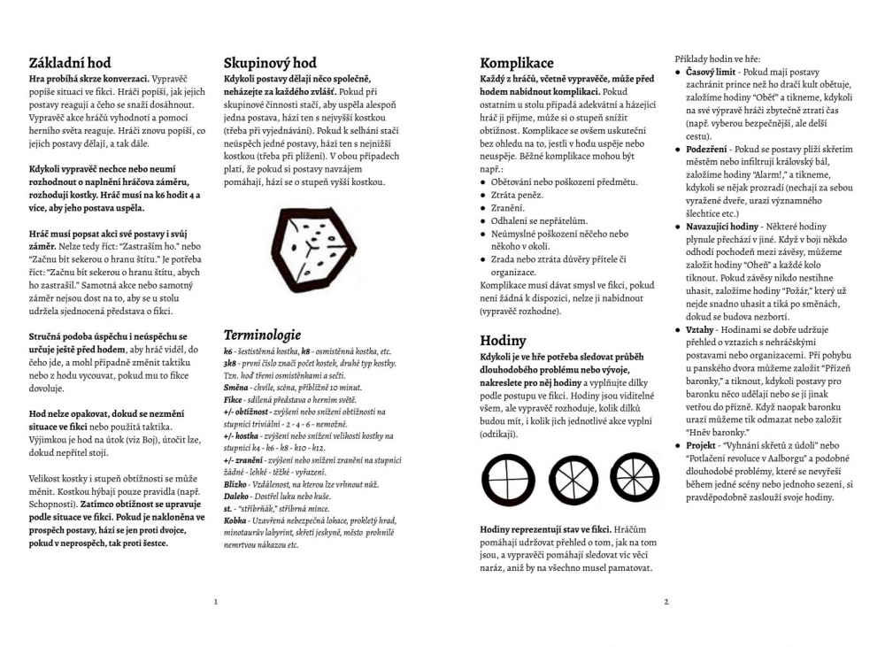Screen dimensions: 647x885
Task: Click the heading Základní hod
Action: click(x=70, y=63)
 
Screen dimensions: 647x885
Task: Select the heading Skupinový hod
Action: click(x=269, y=63)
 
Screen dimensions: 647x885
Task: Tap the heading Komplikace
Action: click(x=517, y=63)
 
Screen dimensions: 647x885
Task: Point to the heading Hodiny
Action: click(x=503, y=341)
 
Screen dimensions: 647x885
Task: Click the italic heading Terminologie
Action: click(x=262, y=335)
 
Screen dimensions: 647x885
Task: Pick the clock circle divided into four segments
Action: click(x=508, y=479)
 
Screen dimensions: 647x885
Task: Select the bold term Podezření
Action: click(x=708, y=150)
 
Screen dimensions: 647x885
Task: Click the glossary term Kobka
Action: click(x=235, y=521)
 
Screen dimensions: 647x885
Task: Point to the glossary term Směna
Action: click(x=236, y=388)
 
